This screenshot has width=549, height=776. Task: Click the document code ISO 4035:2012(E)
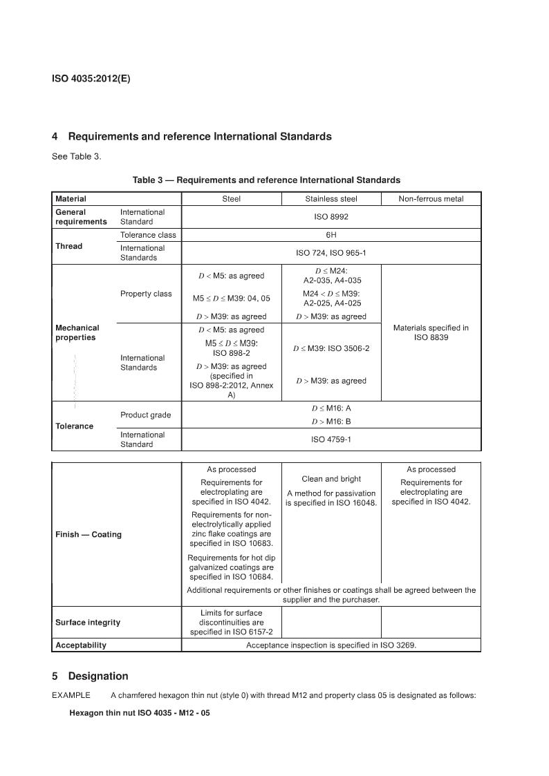(91, 79)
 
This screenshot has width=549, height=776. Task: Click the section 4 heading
(192, 137)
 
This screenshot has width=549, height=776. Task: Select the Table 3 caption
(266, 180)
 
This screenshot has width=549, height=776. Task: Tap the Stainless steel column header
(331, 199)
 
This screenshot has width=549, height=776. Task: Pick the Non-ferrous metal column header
(431, 199)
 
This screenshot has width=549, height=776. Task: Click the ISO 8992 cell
(331, 217)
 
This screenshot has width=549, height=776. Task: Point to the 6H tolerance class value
(331, 235)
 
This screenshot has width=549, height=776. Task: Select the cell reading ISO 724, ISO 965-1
(331, 253)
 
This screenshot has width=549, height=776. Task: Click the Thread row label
(68, 246)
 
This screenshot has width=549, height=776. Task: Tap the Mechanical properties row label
(77, 332)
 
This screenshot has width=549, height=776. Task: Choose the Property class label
(146, 294)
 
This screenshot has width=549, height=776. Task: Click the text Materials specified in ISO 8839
(431, 332)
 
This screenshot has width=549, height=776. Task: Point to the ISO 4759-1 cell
(331, 439)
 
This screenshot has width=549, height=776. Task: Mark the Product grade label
(146, 415)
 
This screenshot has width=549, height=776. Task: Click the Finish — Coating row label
(89, 535)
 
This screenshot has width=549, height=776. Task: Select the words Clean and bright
(331, 479)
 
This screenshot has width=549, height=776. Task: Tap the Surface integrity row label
(88, 623)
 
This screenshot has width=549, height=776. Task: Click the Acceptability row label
(81, 645)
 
